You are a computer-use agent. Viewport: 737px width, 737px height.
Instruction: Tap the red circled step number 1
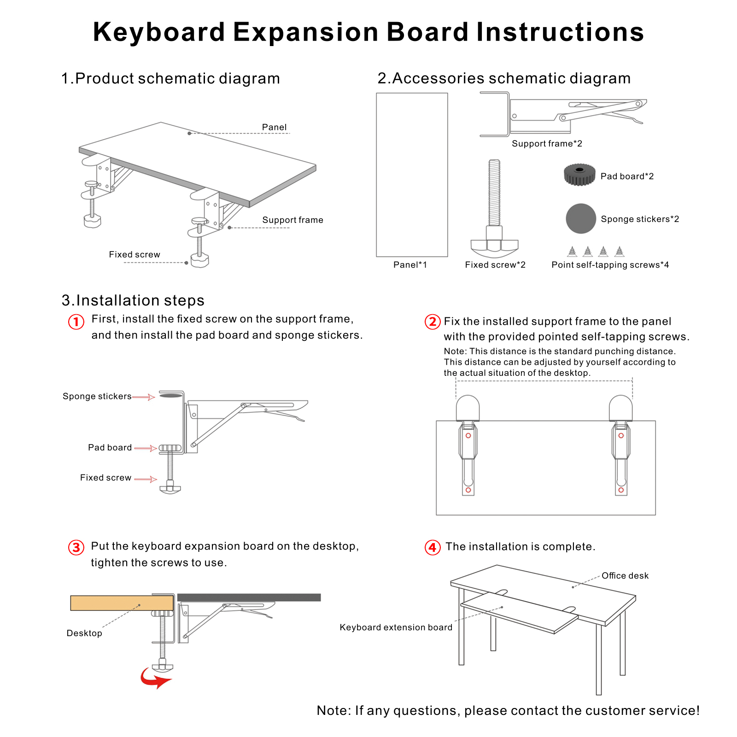pos(76,322)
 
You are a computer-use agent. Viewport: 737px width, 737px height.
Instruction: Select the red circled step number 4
pos(432,547)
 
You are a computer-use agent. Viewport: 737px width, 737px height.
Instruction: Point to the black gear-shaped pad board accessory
pos(579,175)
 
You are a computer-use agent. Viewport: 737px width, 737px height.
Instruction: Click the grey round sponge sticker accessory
pos(580,218)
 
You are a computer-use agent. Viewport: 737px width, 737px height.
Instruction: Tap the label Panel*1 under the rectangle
pos(410,265)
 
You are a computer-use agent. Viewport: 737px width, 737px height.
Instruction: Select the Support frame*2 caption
pos(547,144)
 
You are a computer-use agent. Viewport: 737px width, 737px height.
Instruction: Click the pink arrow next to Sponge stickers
pos(144,397)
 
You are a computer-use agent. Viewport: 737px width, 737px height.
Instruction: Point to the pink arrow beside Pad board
pos(146,448)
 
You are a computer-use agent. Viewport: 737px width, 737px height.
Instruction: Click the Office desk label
pos(625,576)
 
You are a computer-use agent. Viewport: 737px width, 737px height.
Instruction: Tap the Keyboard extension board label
pos(396,627)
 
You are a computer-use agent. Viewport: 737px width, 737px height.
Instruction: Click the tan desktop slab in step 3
pos(122,603)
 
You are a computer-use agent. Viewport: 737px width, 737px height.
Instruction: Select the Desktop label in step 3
pos(84,633)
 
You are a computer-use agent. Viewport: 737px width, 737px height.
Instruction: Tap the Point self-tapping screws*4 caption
pos(610,265)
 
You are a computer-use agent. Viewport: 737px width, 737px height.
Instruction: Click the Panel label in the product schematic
pos(274,127)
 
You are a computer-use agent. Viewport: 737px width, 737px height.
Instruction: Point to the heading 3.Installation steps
pos(133,300)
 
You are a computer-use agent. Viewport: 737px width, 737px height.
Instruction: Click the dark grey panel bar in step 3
pos(249,597)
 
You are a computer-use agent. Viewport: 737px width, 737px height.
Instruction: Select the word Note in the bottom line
pos(333,710)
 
